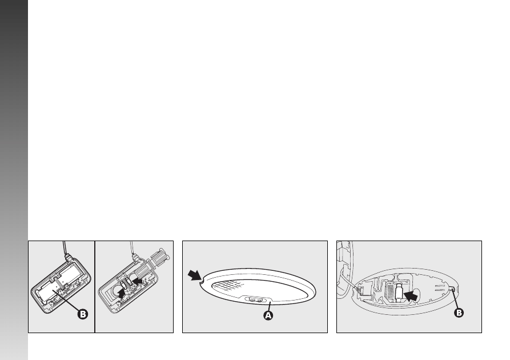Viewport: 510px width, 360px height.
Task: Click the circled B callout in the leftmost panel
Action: [83, 314]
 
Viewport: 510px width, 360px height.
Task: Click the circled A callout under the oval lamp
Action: [268, 315]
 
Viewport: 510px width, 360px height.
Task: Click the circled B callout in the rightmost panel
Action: [459, 313]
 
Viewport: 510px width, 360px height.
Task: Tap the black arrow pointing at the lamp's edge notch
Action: [195, 275]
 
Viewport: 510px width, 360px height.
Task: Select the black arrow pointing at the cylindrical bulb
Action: [410, 296]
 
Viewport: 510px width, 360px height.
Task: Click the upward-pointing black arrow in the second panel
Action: [121, 294]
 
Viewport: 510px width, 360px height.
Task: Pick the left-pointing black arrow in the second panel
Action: [138, 279]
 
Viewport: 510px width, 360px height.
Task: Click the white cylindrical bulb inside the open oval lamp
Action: [399, 292]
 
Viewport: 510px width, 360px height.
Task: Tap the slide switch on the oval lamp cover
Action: [255, 299]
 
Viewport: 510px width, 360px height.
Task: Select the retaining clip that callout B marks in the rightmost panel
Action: [452, 289]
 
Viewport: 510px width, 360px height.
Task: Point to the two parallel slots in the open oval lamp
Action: [440, 287]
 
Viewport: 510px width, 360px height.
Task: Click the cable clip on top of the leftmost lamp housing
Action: [68, 257]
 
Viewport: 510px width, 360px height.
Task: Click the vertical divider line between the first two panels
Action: [95, 287]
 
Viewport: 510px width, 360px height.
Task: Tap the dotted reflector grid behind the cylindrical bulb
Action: [390, 291]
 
